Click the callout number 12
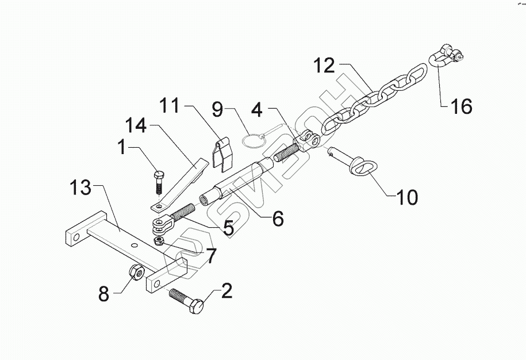coord(324,65)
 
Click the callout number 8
coord(103,294)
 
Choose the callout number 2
coord(226,291)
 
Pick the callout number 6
coord(278,219)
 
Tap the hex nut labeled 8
coord(135,271)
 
